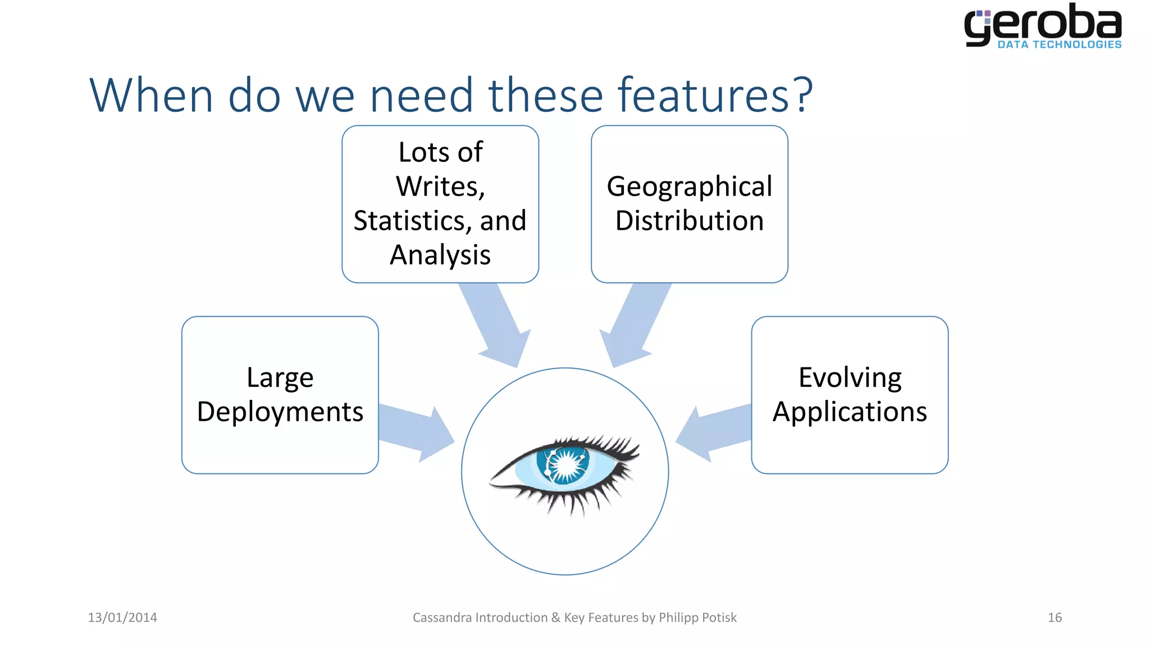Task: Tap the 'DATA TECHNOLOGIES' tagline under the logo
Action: pyautogui.click(x=1059, y=44)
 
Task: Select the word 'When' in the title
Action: pyautogui.click(x=151, y=95)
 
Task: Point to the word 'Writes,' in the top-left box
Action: pyautogui.click(x=440, y=186)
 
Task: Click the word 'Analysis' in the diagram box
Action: pyautogui.click(x=440, y=255)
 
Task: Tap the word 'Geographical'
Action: pyautogui.click(x=690, y=186)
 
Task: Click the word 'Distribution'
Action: pyautogui.click(x=690, y=221)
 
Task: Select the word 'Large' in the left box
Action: pyautogui.click(x=280, y=377)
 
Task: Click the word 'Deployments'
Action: pyautogui.click(x=280, y=412)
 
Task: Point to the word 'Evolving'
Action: pyautogui.click(x=850, y=377)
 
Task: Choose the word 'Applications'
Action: pyautogui.click(x=850, y=412)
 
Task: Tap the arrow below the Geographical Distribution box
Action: pyautogui.click(x=635, y=326)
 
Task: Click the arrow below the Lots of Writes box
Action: pyautogui.click(x=497, y=326)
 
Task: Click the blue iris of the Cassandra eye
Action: pyautogui.click(x=564, y=464)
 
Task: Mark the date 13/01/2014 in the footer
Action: pyautogui.click(x=122, y=617)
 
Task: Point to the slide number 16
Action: pyautogui.click(x=1055, y=617)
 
